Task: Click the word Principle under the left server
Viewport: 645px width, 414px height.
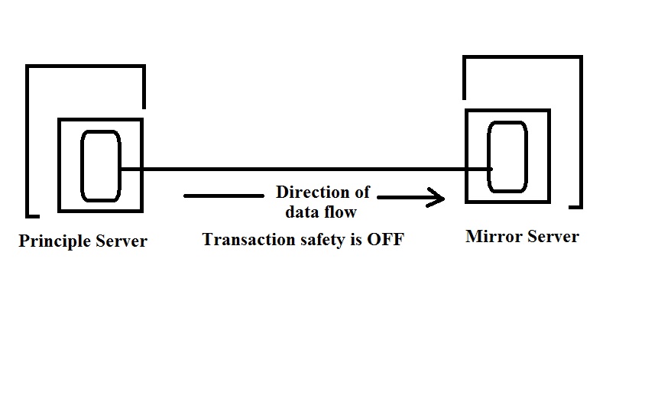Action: pyautogui.click(x=54, y=241)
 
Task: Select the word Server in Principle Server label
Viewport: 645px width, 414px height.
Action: pyautogui.click(x=122, y=241)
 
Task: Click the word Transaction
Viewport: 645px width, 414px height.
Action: pyautogui.click(x=245, y=240)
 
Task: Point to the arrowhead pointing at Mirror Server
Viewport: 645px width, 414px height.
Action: pyautogui.click(x=439, y=199)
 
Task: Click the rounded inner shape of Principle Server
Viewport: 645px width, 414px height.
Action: pyautogui.click(x=101, y=167)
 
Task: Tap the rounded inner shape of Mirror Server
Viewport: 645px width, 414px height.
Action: pyautogui.click(x=507, y=157)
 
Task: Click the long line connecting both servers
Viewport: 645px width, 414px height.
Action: pyautogui.click(x=306, y=169)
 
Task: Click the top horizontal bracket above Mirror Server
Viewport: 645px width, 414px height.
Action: pyautogui.click(x=523, y=57)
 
